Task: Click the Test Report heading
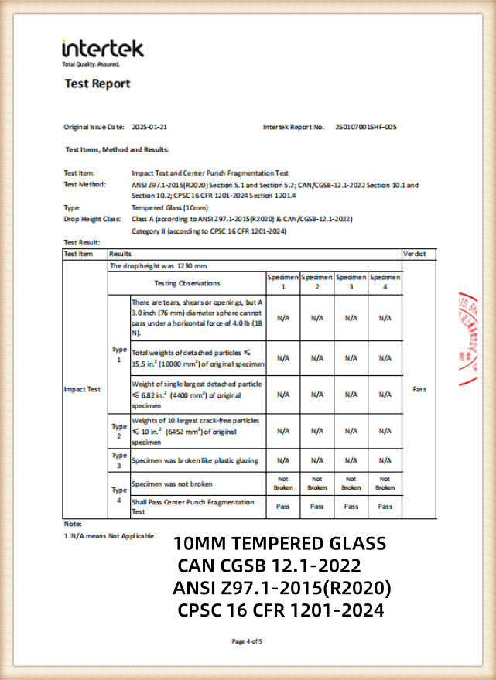[x=97, y=84]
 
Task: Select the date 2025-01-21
[x=149, y=126]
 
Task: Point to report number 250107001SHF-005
[x=366, y=126]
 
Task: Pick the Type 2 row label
[x=118, y=430]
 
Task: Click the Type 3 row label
[x=118, y=461]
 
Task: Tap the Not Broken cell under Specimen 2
[x=317, y=484]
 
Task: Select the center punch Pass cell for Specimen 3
[x=351, y=506]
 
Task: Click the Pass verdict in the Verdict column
[x=419, y=389]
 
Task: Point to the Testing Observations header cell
[x=187, y=283]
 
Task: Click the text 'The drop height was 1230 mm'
[x=149, y=265]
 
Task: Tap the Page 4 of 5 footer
[x=248, y=641]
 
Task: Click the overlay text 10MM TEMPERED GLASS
[x=279, y=542]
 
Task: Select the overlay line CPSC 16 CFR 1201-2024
[x=280, y=610]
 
